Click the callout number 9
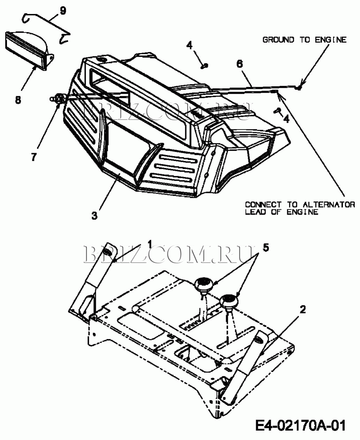tap(63, 10)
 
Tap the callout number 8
tap(18, 100)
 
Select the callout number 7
tap(34, 157)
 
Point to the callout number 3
tap(95, 216)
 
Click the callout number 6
tap(240, 64)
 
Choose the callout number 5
tap(266, 248)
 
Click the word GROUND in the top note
tap(278, 40)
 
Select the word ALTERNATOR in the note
tap(329, 204)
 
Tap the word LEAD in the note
tap(255, 212)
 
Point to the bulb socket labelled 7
tap(58, 98)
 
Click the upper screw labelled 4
tap(204, 66)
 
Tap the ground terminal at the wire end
tap(299, 88)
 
